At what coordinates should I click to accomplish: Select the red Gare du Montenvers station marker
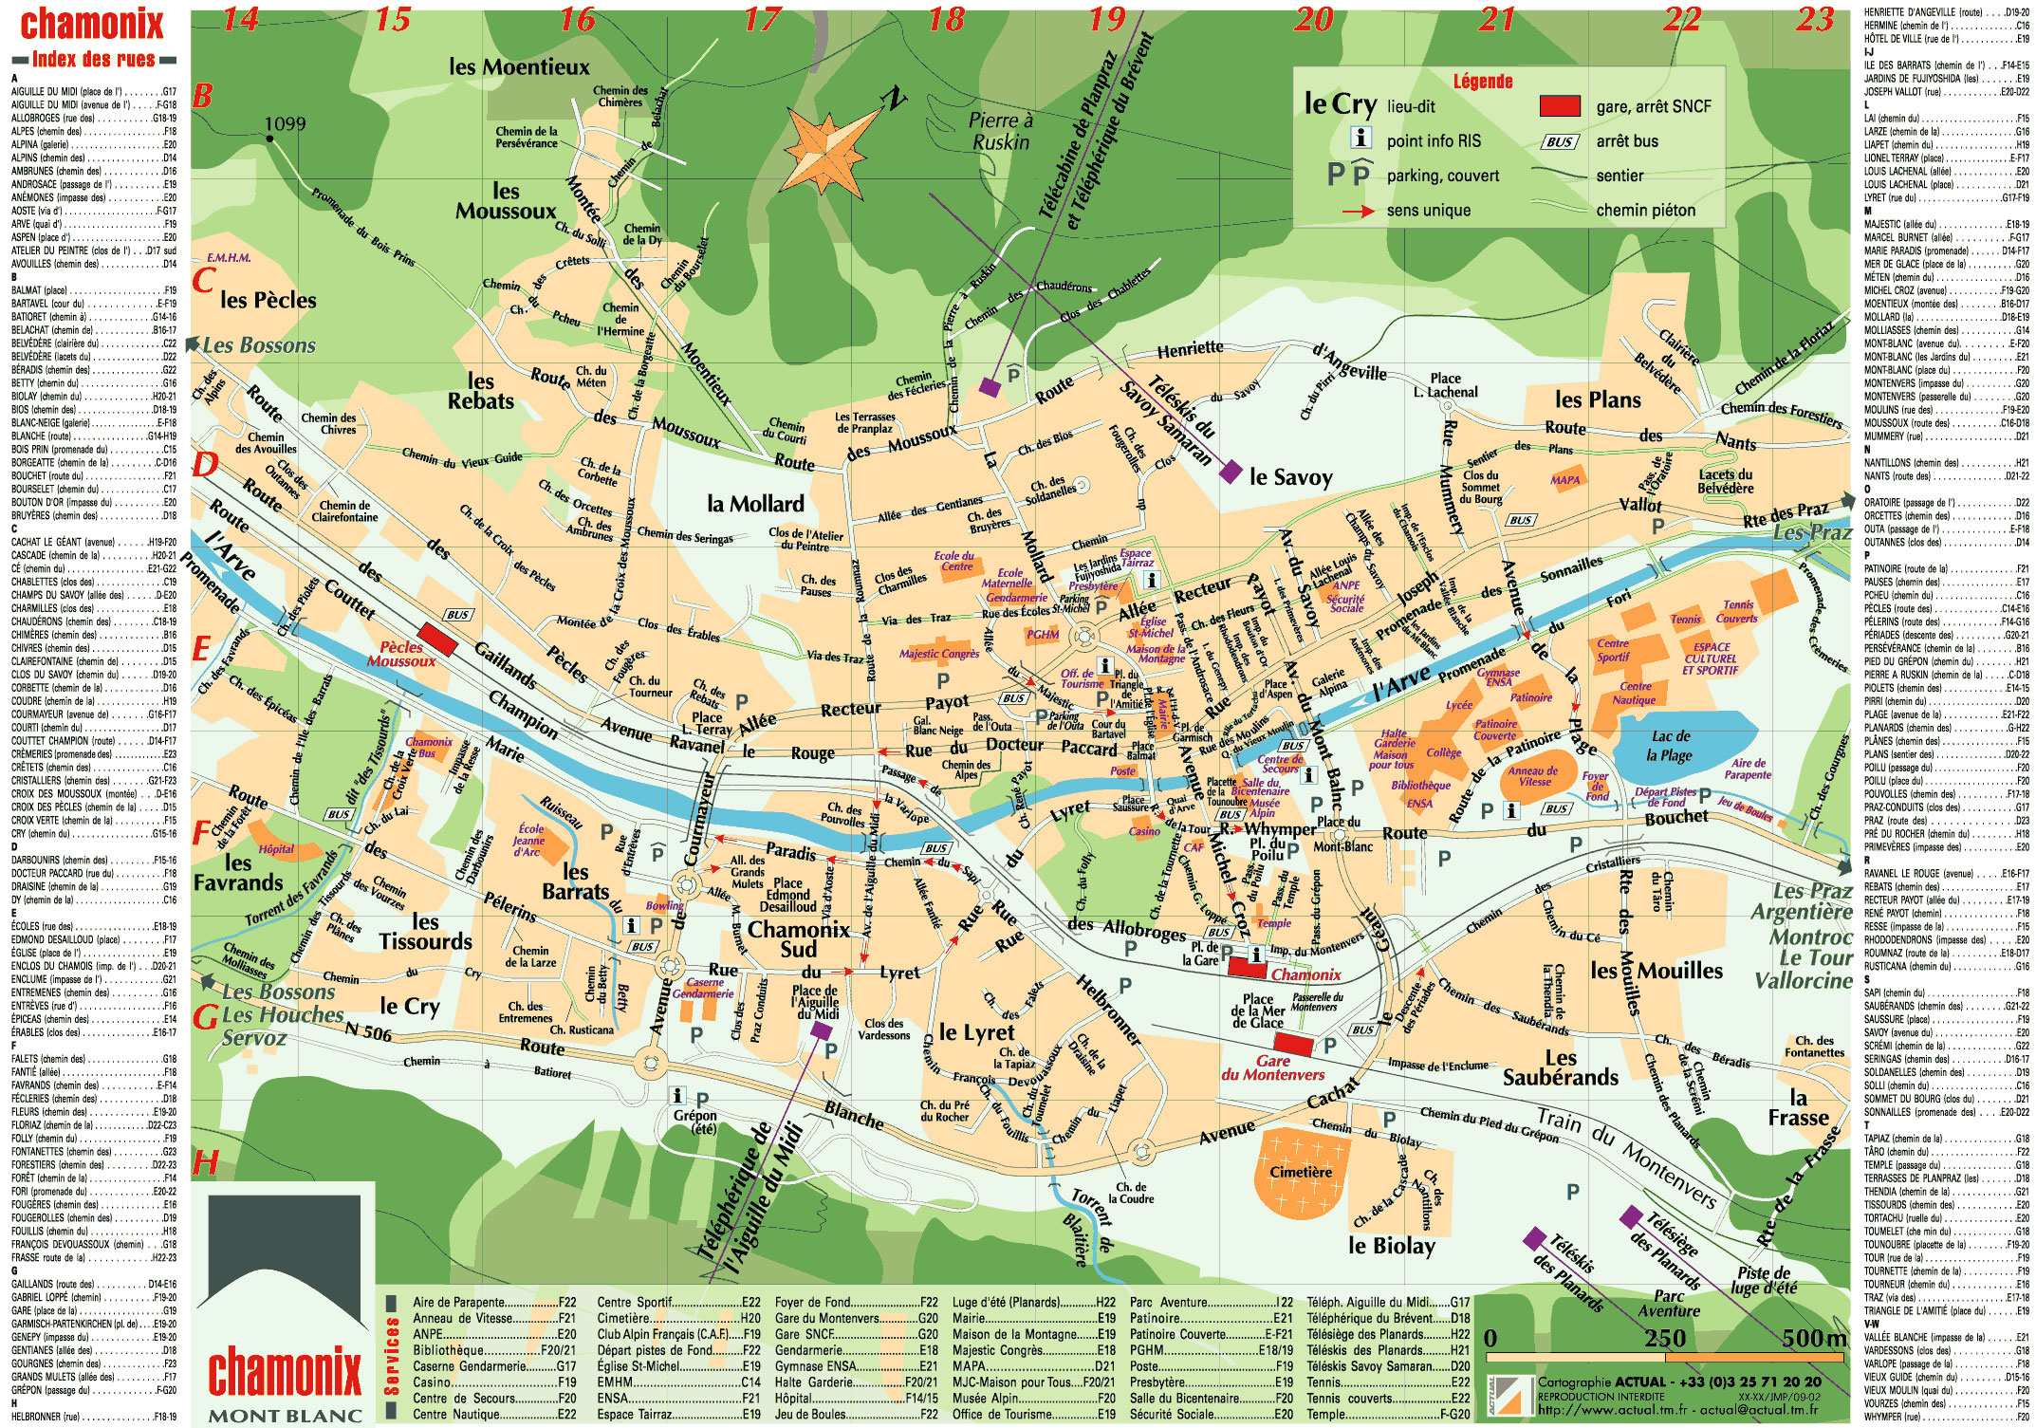click(1300, 1045)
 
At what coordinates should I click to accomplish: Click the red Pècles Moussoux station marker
click(437, 638)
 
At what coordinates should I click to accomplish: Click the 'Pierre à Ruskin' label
click(999, 131)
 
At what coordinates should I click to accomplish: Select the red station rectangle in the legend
click(1559, 105)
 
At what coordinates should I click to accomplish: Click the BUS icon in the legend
click(1559, 141)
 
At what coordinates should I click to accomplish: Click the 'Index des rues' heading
click(94, 59)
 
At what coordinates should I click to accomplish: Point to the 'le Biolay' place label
click(1391, 1245)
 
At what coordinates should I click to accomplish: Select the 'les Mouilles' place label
click(1656, 971)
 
